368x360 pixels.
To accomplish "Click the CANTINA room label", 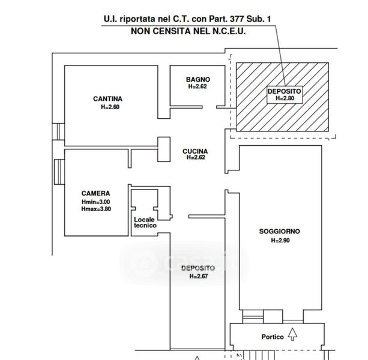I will (108, 99).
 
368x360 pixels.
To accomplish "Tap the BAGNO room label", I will (197, 79).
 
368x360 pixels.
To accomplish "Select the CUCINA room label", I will (196, 151).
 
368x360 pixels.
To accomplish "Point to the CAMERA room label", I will (96, 193).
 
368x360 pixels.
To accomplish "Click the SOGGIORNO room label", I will (280, 232).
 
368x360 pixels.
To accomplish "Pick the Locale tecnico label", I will (145, 222).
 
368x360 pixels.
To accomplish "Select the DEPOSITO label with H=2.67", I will (198, 268).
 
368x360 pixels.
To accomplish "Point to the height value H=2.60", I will (110, 107).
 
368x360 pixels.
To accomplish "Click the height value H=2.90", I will (280, 240).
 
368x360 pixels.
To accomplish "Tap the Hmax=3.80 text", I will (96, 209).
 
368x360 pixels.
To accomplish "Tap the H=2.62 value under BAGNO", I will (197, 86).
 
